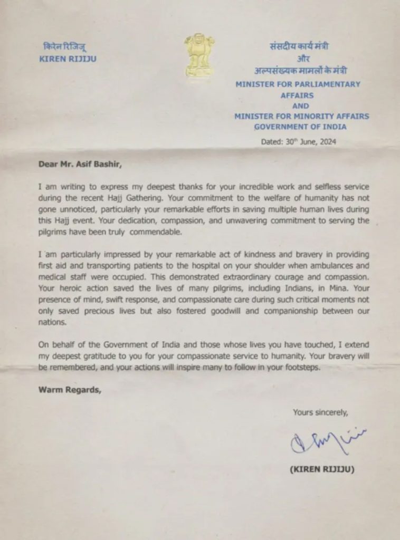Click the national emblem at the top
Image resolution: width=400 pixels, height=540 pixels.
199,54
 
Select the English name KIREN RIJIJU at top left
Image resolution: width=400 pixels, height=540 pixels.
68,59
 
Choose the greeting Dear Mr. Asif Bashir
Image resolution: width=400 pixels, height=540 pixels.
82,163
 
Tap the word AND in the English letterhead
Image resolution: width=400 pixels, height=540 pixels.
301,106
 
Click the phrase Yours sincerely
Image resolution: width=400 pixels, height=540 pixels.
320,412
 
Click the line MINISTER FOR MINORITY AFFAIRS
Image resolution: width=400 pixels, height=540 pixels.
301,116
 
